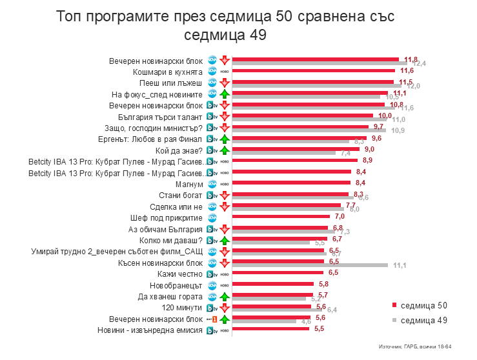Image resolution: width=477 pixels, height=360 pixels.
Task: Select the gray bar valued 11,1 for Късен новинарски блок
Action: point(310,265)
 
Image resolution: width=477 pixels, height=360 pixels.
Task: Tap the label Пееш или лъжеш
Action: point(171,83)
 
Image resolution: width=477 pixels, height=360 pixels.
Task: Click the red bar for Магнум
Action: point(291,183)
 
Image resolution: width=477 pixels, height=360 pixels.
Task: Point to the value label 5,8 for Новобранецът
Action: point(323,284)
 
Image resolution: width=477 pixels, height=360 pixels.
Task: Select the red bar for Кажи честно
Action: point(278,272)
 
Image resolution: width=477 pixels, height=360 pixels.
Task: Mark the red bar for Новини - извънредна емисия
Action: point(271,328)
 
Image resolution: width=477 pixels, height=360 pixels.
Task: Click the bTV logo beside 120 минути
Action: point(210,308)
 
